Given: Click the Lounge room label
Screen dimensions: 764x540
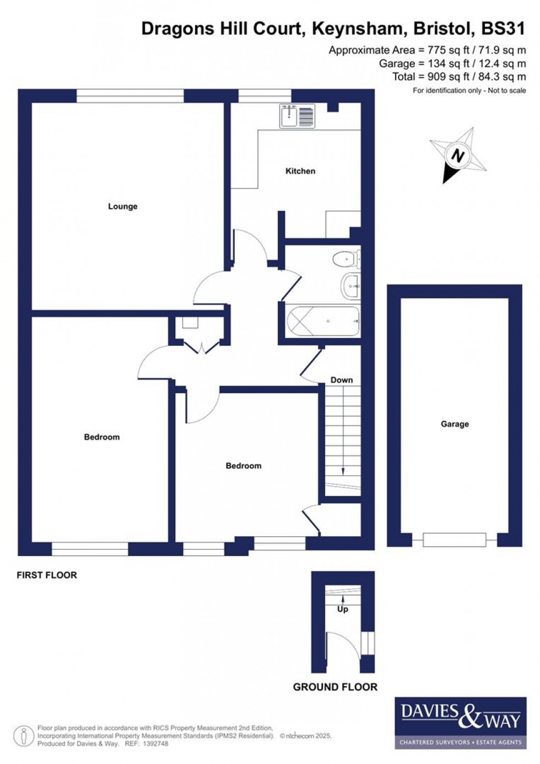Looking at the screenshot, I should (122, 206).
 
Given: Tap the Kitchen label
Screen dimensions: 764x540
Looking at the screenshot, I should (300, 171).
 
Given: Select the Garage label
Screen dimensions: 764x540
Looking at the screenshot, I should (455, 424).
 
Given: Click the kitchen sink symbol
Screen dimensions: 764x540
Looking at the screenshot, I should (297, 116).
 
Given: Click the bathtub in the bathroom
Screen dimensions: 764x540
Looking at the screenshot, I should (323, 321).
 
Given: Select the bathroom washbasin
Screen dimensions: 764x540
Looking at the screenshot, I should (350, 286).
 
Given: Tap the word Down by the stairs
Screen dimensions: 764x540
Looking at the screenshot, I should (342, 380).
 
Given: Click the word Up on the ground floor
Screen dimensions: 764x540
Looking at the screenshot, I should (343, 609).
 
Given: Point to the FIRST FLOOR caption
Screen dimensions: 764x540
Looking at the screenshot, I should (47, 575).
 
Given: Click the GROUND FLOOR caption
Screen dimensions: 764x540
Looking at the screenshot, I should (335, 687).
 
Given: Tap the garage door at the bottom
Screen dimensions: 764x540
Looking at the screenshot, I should (455, 539).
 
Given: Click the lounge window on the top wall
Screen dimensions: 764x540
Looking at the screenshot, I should (130, 97).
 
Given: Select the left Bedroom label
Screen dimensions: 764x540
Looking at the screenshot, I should (102, 437).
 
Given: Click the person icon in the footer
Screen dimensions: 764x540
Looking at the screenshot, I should (24, 736).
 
